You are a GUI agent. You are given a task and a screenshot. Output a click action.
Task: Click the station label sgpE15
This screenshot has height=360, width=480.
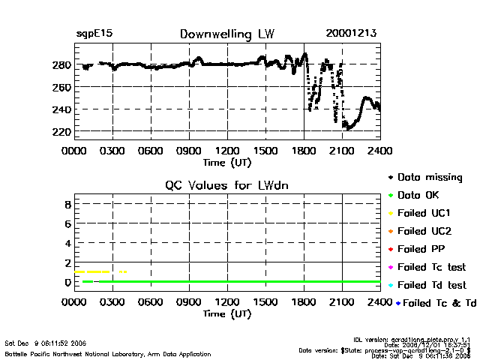click(x=94, y=34)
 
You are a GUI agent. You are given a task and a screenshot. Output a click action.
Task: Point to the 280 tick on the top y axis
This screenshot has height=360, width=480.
click(x=63, y=65)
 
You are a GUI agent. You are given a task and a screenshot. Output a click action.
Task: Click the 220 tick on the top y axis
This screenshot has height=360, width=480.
click(x=63, y=132)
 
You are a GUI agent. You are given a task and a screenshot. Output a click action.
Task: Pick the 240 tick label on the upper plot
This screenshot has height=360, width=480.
click(x=63, y=110)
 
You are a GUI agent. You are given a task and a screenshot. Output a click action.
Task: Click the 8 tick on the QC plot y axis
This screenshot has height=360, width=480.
click(x=67, y=204)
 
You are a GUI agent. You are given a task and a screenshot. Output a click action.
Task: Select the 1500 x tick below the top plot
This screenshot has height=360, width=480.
click(x=265, y=151)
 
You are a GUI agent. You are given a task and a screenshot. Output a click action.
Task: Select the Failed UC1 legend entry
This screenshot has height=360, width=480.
click(x=423, y=214)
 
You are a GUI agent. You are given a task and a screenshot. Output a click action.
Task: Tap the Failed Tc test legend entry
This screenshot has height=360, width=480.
click(x=430, y=267)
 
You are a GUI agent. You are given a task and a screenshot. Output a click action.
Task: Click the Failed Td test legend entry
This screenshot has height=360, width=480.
click(x=430, y=285)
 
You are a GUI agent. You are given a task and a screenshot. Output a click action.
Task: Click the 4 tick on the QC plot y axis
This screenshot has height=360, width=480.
click(x=67, y=243)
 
